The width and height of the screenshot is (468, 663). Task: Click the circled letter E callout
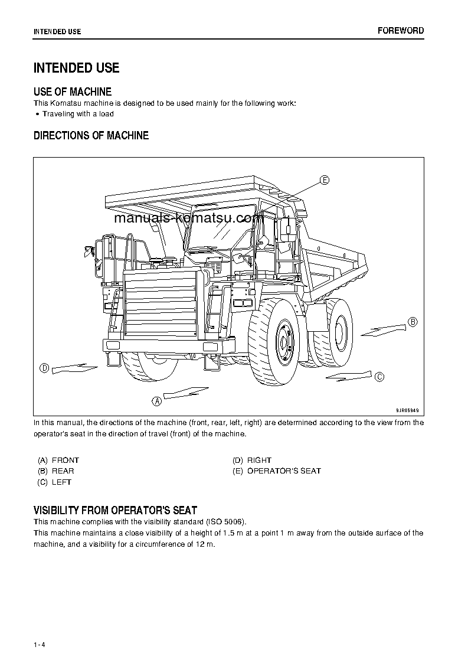click(325, 180)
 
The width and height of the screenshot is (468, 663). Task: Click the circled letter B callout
click(413, 322)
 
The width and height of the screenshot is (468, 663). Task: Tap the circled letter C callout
click(379, 376)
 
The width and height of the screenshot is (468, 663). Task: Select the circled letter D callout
click(44, 368)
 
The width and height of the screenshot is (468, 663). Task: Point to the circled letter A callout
click(157, 401)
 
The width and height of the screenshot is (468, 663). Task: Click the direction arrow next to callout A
click(185, 392)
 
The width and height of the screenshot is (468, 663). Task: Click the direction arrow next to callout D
click(74, 368)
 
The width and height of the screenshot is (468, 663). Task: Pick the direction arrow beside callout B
click(383, 329)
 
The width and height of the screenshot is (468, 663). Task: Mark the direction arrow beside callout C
click(348, 375)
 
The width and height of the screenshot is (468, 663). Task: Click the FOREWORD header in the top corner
click(401, 31)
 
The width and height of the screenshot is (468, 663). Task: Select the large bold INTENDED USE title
click(76, 68)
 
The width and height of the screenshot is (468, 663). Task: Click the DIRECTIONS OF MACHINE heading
click(91, 136)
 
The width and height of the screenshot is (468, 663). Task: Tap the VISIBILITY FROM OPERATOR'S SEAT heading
click(115, 510)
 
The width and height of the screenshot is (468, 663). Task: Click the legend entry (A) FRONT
click(58, 460)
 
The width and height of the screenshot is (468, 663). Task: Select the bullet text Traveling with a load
click(78, 114)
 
